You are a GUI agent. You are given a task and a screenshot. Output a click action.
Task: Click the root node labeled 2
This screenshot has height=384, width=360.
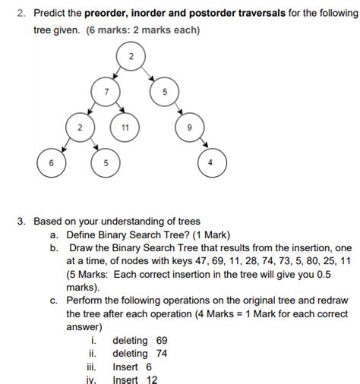(x=131, y=58)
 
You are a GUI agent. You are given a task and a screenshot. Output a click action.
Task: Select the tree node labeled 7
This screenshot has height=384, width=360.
(x=106, y=92)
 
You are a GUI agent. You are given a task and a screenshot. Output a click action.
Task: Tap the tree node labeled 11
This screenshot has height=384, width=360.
(x=125, y=127)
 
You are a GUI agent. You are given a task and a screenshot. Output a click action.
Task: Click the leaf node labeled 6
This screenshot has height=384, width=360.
(x=52, y=163)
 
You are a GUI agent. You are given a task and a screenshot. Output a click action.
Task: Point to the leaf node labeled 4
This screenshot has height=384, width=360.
(x=211, y=163)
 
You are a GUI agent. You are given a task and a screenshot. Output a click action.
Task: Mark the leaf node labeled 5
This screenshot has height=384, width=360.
(x=106, y=163)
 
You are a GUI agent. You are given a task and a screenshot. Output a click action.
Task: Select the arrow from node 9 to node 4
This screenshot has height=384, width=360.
(x=199, y=144)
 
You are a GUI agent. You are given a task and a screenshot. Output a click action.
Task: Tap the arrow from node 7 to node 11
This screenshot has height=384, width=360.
(x=115, y=109)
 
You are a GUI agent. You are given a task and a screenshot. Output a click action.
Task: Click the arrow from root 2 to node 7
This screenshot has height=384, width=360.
(x=118, y=74)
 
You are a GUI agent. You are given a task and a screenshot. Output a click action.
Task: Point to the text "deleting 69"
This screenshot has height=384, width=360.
(x=140, y=341)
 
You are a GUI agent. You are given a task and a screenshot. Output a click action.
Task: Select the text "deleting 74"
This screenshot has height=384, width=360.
(x=140, y=354)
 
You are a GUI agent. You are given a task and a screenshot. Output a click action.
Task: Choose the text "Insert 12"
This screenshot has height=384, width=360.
(x=134, y=379)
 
